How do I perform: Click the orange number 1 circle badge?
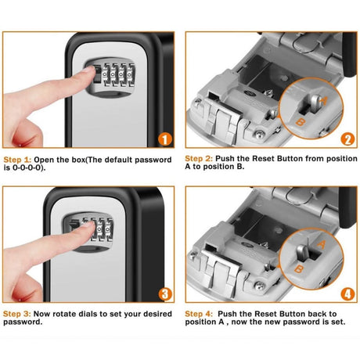(165, 139)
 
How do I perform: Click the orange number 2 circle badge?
(347, 139)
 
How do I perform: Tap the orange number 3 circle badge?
(165, 294)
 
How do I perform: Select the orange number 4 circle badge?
(347, 294)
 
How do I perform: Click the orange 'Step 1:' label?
(17, 160)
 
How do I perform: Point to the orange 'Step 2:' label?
(199, 159)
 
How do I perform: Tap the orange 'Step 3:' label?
(17, 314)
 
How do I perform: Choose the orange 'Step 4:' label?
(199, 314)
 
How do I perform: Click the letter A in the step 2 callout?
(323, 100)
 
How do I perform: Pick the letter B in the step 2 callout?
(301, 121)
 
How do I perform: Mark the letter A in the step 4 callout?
(322, 245)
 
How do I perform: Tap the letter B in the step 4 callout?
(299, 268)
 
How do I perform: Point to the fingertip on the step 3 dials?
(89, 225)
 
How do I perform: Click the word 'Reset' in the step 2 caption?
(264, 159)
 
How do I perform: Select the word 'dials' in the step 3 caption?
(92, 314)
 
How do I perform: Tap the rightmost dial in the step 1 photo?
(131, 75)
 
